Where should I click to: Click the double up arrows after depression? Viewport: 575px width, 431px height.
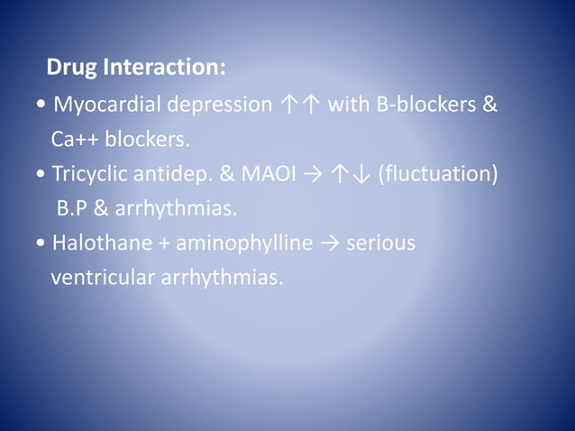coord(299,105)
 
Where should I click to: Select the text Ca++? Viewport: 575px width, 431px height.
coord(75,140)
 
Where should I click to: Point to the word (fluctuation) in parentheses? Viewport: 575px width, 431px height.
coord(438,174)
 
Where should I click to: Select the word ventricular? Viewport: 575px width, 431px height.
coord(101,278)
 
